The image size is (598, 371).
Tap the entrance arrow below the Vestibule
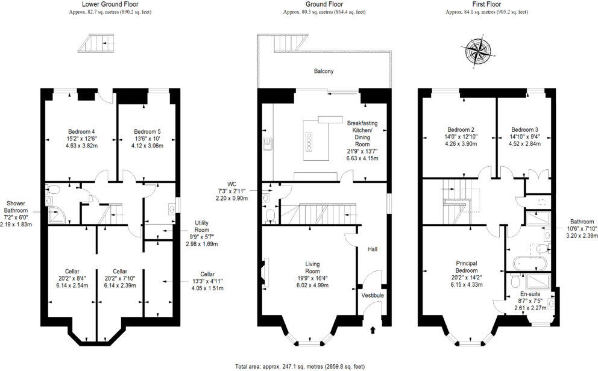371,329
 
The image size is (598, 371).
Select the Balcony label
323,71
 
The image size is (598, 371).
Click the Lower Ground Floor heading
106,4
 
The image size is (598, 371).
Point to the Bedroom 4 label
81,131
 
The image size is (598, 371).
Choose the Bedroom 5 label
147,131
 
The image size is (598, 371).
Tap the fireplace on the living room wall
265,269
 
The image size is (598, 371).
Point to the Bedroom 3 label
524,129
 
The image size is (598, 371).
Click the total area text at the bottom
299,366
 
